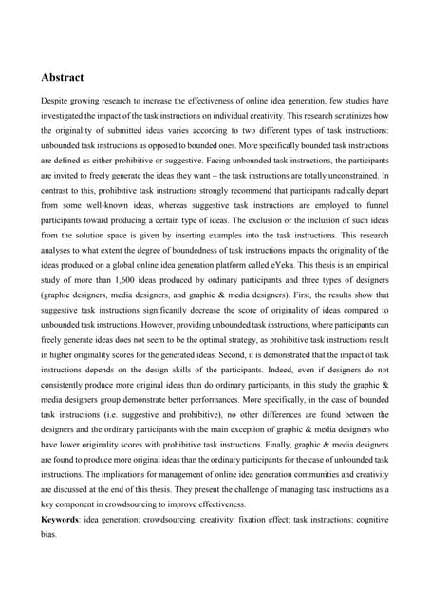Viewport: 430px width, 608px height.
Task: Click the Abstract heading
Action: [62, 77]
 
